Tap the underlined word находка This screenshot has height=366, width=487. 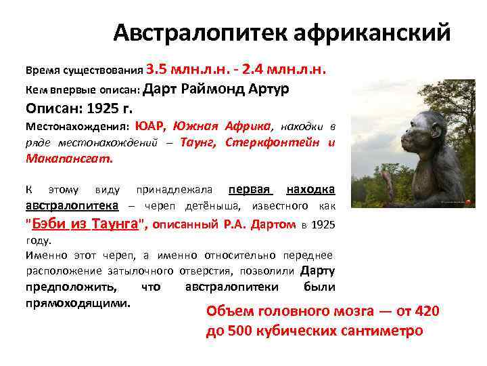pyautogui.click(x=310, y=189)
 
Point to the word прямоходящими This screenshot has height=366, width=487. pyautogui.click(x=77, y=303)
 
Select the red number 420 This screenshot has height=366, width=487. pyautogui.click(x=426, y=311)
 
